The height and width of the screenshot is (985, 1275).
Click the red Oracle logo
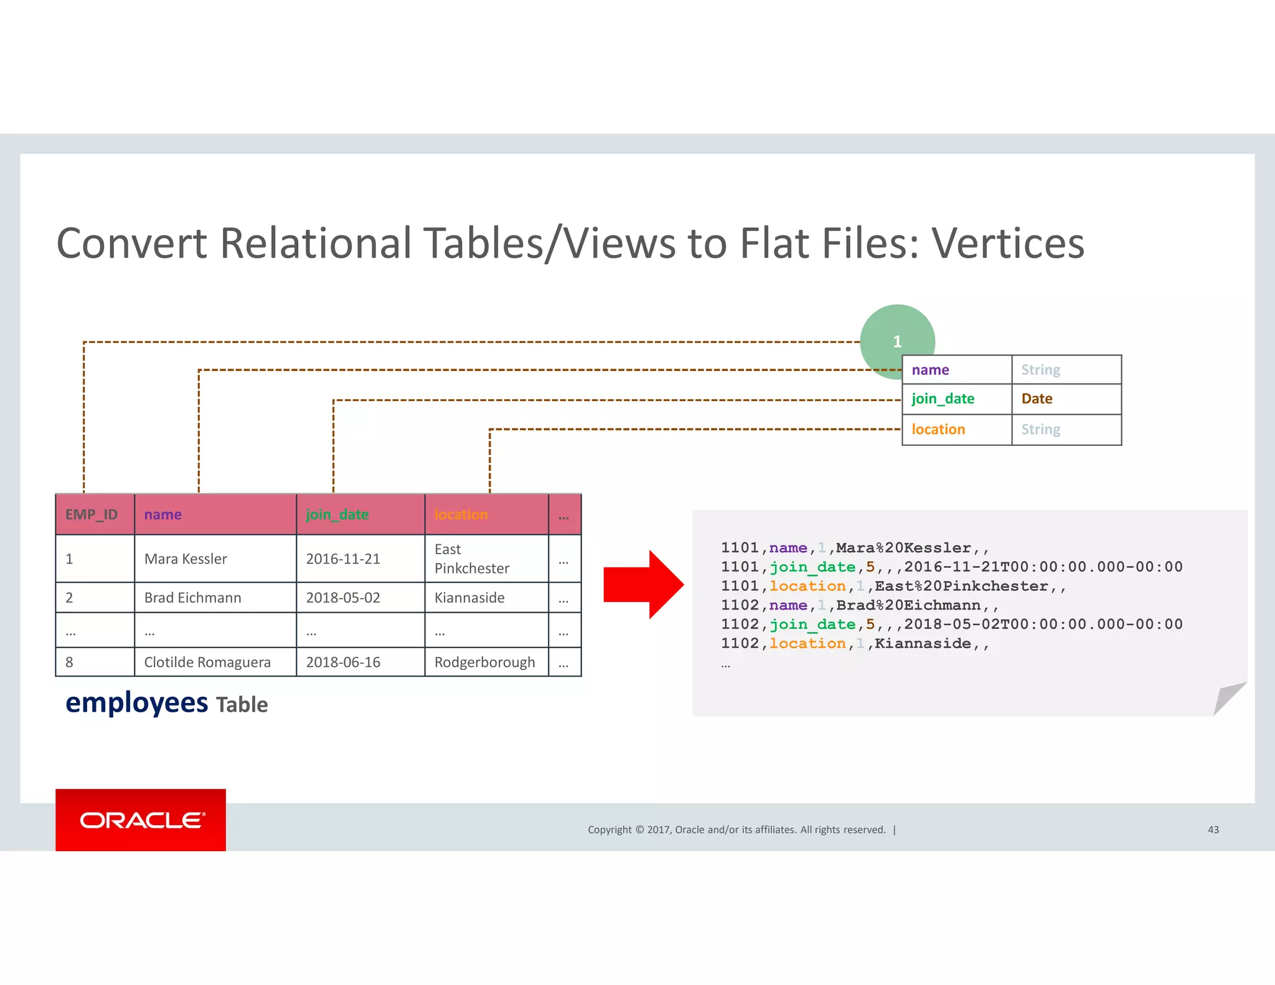[141, 819]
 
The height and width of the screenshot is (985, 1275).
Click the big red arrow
[644, 585]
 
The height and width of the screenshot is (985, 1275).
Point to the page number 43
[1213, 830]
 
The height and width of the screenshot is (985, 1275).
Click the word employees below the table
[137, 704]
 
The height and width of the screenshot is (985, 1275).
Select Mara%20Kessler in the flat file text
[903, 548]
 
